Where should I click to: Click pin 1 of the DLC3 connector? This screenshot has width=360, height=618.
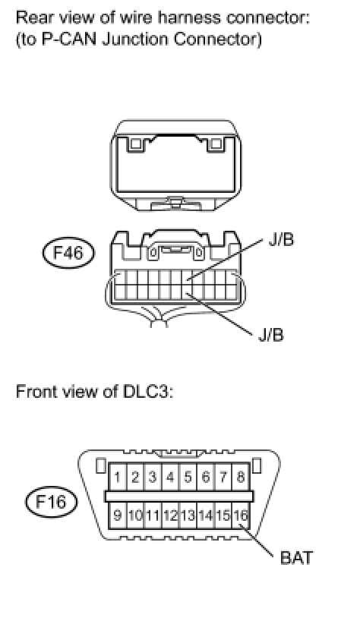pyautogui.click(x=117, y=478)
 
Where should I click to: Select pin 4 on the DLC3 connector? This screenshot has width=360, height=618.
pyautogui.click(x=170, y=478)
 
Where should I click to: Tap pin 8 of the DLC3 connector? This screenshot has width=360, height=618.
pyautogui.click(x=241, y=478)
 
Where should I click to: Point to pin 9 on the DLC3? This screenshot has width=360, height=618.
pyautogui.click(x=117, y=516)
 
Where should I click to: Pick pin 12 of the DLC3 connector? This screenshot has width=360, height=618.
pyautogui.click(x=170, y=516)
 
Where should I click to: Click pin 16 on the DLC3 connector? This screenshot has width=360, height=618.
pyautogui.click(x=241, y=516)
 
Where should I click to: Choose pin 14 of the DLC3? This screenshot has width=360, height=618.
pyautogui.click(x=205, y=516)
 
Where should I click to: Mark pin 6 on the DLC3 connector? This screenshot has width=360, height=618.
pyautogui.click(x=205, y=478)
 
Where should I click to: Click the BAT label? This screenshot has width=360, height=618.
pyautogui.click(x=296, y=558)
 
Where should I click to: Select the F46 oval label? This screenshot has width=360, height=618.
pyautogui.click(x=68, y=253)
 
